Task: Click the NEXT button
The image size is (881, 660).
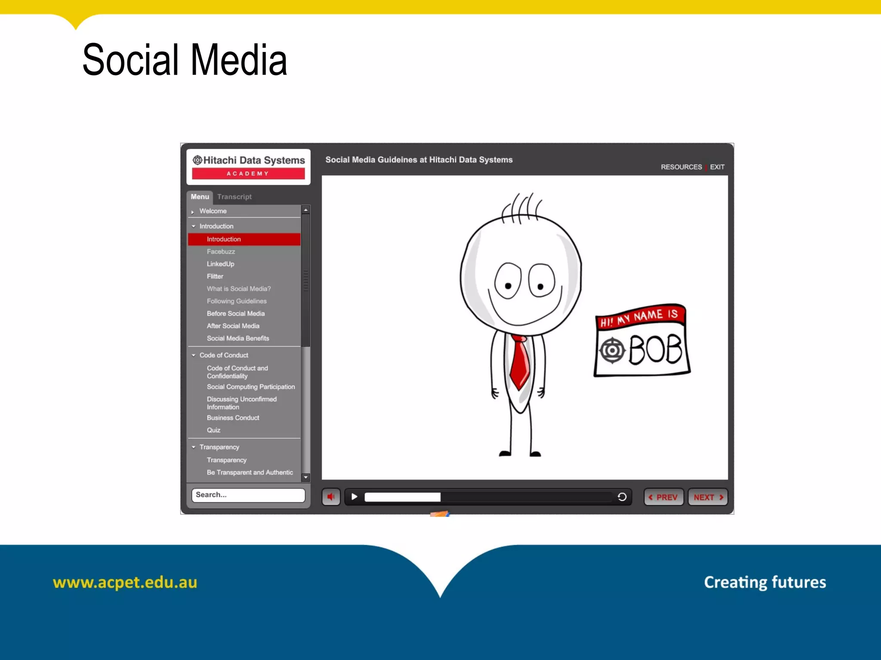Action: coord(708,497)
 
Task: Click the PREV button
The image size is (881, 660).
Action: coord(663,497)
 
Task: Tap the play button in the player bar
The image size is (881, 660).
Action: coord(354,497)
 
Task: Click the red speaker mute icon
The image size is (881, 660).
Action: coord(331,497)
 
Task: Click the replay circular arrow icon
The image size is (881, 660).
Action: coord(622,497)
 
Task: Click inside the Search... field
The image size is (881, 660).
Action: coord(248,495)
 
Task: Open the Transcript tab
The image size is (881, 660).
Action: coord(234,197)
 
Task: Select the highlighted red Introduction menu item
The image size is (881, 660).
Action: coord(244,239)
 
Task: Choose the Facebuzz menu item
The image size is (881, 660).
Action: coord(221,252)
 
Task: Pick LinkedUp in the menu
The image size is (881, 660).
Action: coord(221,264)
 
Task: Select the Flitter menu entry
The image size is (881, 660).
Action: coord(215,277)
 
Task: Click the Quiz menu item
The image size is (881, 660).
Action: coord(213,430)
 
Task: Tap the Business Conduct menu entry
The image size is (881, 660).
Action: coord(233,418)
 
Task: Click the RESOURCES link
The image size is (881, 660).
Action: coord(681,167)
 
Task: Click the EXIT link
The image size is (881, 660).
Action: coord(717,167)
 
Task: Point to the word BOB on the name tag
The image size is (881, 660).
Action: coord(656,350)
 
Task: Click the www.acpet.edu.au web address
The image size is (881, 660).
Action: coord(125,582)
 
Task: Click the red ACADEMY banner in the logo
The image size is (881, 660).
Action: coord(248,174)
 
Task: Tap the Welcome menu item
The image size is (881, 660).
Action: coord(213,211)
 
